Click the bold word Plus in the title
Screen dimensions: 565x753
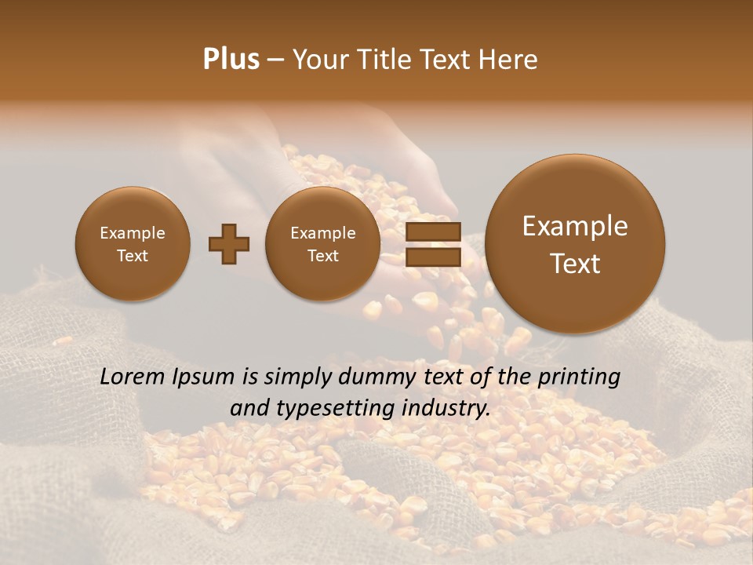coord(231,60)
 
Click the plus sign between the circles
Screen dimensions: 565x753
coord(229,243)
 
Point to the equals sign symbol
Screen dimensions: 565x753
coord(433,244)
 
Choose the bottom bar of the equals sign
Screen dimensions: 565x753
coord(433,257)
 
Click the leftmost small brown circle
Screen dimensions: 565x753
coord(133,244)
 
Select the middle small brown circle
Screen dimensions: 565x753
coord(323,244)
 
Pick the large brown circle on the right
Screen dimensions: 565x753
coord(575,244)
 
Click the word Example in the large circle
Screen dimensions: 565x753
coord(575,226)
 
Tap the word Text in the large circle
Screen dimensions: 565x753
coord(575,264)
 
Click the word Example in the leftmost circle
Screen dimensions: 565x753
coord(133,233)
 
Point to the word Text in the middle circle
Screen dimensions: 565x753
coord(323,256)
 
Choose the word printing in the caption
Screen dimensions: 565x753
coord(578,377)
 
